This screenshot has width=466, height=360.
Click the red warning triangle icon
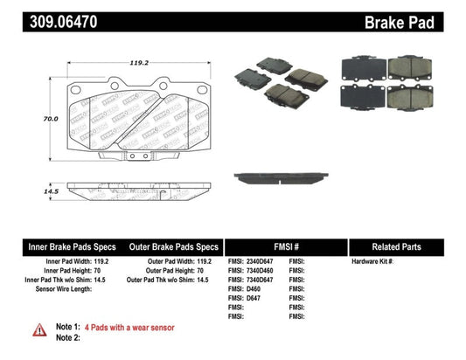pyautogui.click(x=40, y=330)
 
